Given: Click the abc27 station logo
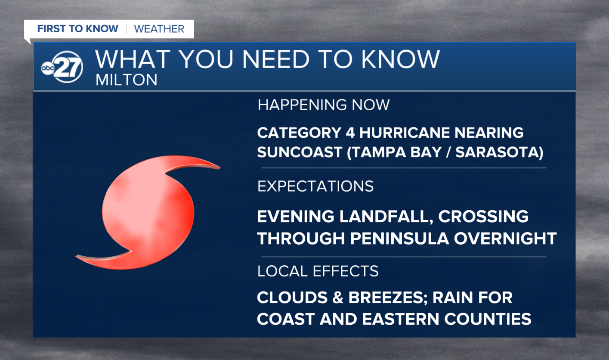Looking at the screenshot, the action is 62,67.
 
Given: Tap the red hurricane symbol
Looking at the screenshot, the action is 148,213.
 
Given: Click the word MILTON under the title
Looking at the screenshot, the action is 127,80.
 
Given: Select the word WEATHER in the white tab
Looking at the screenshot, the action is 159,29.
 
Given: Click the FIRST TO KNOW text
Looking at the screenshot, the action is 78,28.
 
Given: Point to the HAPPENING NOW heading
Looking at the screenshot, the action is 324,105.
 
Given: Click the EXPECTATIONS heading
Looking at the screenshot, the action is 315,186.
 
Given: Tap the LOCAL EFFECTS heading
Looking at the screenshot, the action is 318,271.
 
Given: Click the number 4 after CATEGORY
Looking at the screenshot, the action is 350,133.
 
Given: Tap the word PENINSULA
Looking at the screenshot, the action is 399,239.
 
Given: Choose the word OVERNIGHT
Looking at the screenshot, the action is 505,239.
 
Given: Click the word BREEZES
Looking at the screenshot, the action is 388,298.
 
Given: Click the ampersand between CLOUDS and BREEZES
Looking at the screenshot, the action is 338,298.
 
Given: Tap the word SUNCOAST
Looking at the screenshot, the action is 300,152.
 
